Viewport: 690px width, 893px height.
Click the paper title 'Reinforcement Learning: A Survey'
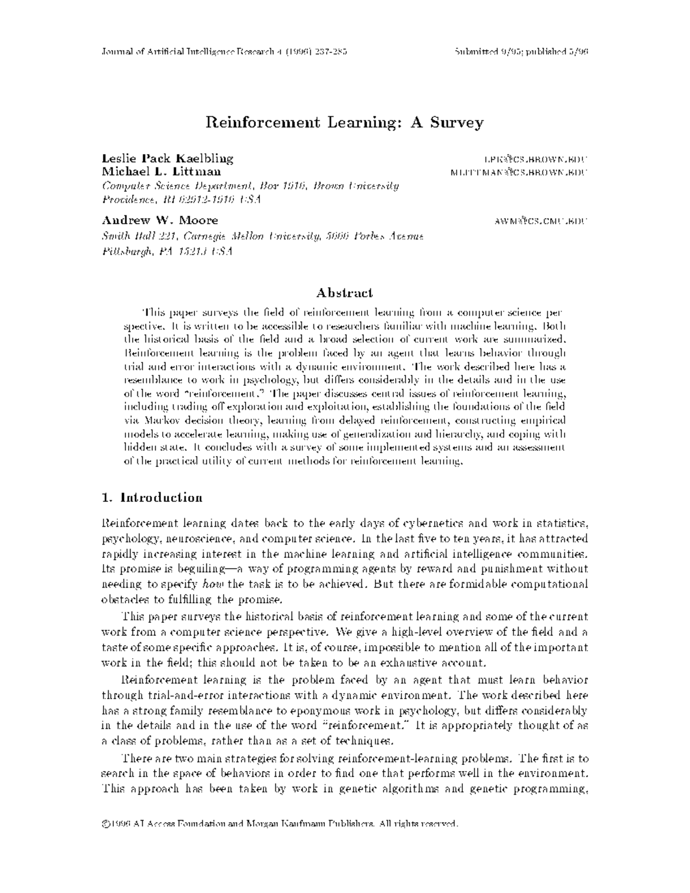344,122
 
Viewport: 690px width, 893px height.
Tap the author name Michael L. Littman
160,171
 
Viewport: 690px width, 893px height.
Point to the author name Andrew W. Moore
160,220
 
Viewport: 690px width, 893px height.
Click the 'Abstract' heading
345,293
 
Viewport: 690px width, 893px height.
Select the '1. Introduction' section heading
152,498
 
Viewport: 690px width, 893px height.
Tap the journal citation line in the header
224,52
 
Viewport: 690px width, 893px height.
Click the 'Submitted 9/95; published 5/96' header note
520,52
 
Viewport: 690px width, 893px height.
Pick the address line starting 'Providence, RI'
181,200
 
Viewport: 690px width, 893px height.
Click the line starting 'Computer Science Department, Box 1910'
250,186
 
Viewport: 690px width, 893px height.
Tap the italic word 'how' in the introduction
209,585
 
